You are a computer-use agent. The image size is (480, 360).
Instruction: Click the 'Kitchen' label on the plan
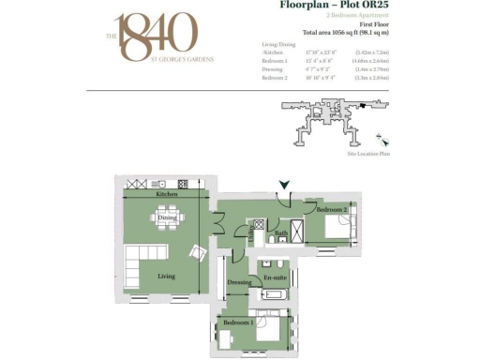[167, 194]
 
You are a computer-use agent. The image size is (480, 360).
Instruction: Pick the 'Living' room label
[166, 276]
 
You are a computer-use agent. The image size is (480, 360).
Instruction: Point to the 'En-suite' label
[275, 278]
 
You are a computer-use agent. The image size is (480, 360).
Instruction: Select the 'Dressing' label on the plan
[241, 282]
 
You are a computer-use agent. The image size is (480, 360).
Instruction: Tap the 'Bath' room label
[280, 233]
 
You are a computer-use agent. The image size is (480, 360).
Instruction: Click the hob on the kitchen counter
[183, 184]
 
